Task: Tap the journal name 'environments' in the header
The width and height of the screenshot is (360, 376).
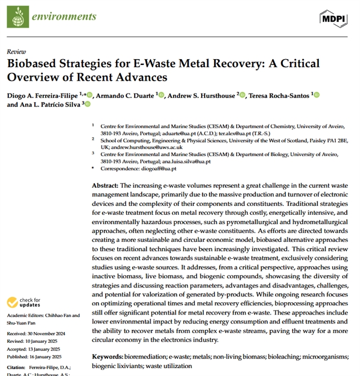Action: coord(64,16)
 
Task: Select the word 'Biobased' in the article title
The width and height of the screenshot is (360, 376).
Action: coord(34,63)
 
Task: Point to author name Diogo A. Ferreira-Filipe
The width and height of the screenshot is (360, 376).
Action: coord(42,95)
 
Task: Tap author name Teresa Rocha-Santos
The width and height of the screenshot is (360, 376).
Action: coord(281,95)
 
